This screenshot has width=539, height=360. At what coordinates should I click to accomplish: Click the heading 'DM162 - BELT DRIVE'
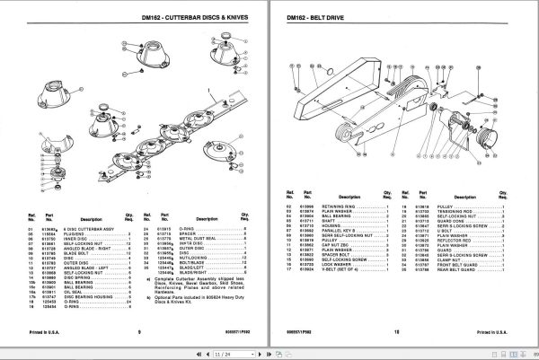pyautogui.click(x=319, y=16)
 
